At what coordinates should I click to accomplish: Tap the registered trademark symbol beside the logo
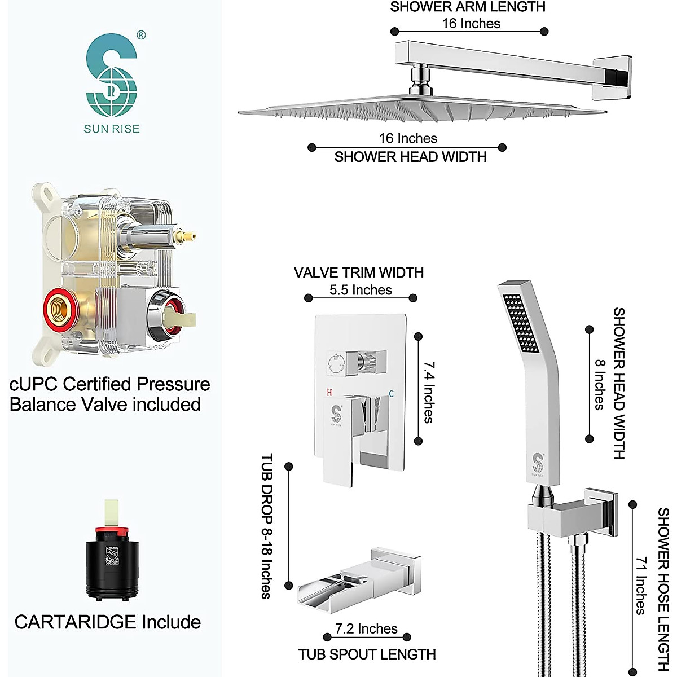click(141, 36)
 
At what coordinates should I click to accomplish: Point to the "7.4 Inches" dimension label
click(429, 392)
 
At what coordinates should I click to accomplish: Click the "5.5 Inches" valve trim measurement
click(361, 290)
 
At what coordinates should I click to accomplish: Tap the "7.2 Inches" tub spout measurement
click(366, 628)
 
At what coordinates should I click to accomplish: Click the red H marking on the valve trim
click(328, 392)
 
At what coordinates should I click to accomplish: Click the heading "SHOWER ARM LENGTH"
click(468, 7)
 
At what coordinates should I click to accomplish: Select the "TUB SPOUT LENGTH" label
click(367, 654)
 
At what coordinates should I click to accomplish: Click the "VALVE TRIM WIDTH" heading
click(359, 272)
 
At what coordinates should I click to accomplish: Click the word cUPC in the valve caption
click(34, 384)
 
